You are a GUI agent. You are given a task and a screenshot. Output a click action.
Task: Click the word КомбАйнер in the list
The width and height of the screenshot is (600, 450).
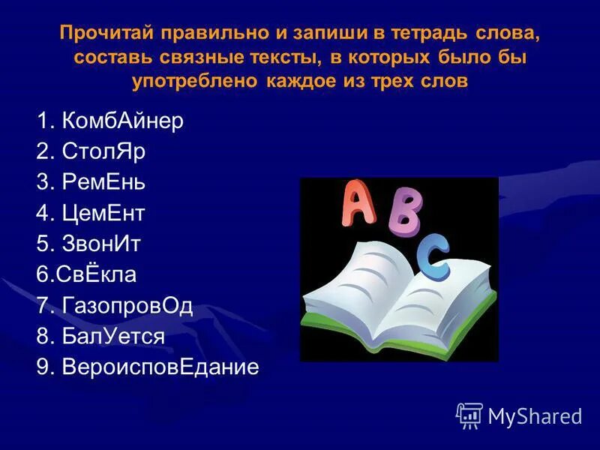(123, 121)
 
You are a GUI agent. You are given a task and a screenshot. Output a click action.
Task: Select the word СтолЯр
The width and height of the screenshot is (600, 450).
(105, 152)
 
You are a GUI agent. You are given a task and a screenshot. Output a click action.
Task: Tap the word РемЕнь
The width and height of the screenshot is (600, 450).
(104, 183)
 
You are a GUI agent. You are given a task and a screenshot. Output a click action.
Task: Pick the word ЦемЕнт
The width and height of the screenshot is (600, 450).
(103, 214)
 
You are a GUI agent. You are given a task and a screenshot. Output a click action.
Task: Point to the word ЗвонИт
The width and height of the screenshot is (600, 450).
(102, 244)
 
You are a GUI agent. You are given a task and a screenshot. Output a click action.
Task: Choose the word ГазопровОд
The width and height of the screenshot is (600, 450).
(127, 306)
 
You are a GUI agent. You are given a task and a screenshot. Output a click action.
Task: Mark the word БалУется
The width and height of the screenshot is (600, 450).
(113, 337)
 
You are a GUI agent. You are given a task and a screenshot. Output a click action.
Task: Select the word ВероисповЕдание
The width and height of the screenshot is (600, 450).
(160, 367)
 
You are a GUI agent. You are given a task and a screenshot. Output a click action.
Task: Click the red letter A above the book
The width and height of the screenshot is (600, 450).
(358, 204)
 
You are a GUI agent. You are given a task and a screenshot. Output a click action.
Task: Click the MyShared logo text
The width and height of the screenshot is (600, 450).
(535, 415)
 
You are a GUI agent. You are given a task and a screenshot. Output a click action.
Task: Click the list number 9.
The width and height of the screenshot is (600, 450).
(42, 367)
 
